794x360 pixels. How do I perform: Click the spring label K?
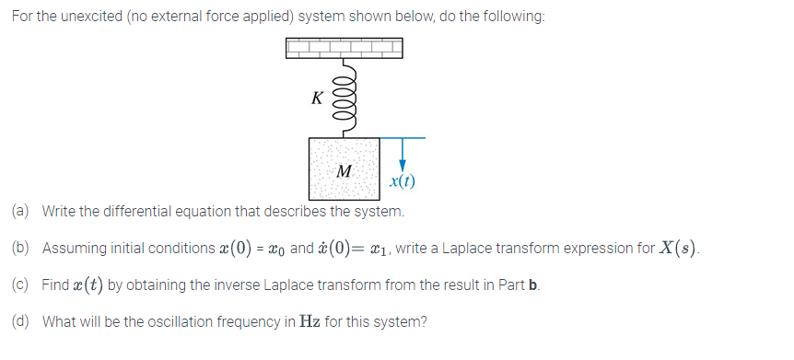coord(317,98)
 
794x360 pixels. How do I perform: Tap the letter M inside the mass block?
coord(344,171)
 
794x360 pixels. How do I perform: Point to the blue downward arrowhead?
coord(402,163)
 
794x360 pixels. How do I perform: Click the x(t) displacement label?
coord(402,181)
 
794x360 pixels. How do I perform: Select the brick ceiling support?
coord(344,48)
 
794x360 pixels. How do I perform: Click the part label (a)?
coord(21,212)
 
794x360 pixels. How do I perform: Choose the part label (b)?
coord(21,249)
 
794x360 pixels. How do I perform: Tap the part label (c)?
coord(21,285)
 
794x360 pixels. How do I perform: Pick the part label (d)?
coord(21,321)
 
